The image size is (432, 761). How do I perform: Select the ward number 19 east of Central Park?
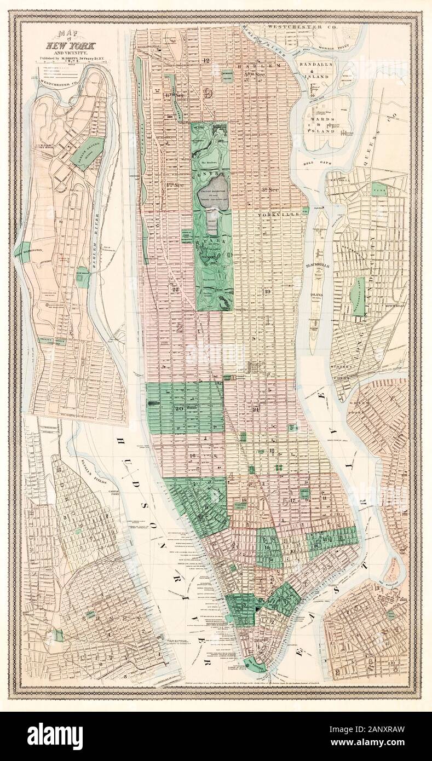267,291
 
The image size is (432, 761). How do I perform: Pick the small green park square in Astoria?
378,189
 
